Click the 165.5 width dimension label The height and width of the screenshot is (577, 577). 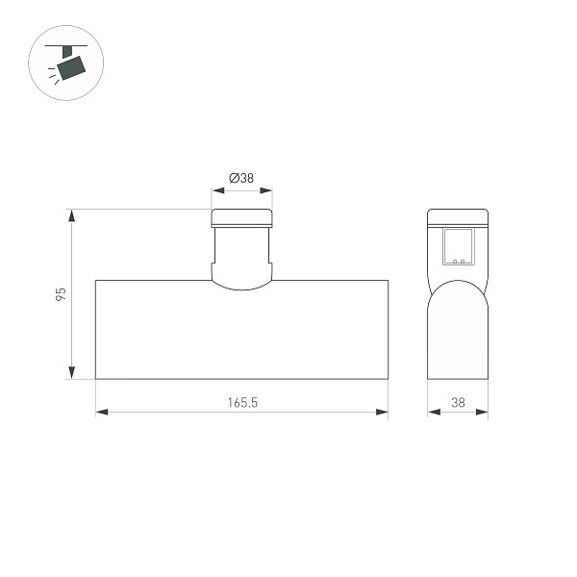(x=242, y=402)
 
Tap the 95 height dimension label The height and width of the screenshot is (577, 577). (x=61, y=294)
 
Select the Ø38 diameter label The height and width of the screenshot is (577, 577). (x=241, y=178)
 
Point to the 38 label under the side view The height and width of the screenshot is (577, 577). (x=458, y=402)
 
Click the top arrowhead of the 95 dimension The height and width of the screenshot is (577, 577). (x=72, y=215)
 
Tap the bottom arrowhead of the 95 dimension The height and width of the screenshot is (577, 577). (x=72, y=372)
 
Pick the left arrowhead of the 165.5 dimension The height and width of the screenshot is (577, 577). (x=102, y=412)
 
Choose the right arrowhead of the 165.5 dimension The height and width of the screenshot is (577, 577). (x=382, y=412)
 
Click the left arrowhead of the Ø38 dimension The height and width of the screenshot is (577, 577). (x=218, y=190)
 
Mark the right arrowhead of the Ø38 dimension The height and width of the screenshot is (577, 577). (x=266, y=190)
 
